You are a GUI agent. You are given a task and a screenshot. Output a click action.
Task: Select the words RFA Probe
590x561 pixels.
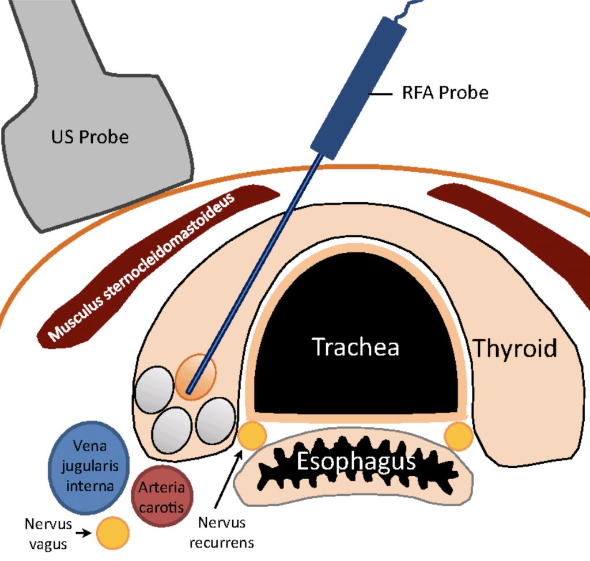coord(445,92)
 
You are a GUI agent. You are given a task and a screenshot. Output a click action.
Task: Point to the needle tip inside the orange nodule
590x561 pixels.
coord(189,393)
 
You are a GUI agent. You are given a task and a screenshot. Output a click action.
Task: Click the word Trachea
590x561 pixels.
coord(355,347)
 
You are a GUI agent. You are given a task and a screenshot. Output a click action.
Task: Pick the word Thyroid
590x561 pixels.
coord(515,348)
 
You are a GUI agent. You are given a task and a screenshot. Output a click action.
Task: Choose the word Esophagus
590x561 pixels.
coord(356,461)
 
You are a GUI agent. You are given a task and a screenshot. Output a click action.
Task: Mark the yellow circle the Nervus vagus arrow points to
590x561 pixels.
coord(112,533)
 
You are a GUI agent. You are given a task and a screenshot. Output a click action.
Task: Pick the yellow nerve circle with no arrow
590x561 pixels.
coord(460,436)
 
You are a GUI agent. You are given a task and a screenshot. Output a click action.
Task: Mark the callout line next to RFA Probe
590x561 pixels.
coord(381,92)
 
